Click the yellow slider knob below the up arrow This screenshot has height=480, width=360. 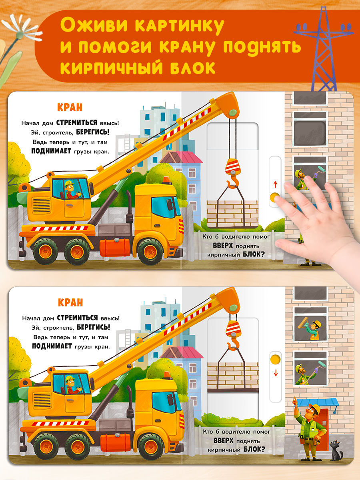[x=274, y=197]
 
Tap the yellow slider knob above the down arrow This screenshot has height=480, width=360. [x=276, y=359]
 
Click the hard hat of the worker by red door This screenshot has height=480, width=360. [x=315, y=408]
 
